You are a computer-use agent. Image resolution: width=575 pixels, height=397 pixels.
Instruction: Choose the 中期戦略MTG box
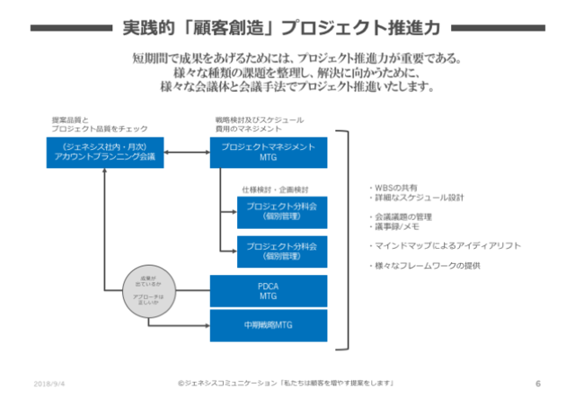coord(268,323)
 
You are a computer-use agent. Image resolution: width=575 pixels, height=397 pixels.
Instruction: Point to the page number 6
coord(537,383)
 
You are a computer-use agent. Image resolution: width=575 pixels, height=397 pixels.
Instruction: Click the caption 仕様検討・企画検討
coord(274,190)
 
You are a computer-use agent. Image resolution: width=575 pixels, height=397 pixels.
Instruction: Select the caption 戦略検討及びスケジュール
coord(258,119)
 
